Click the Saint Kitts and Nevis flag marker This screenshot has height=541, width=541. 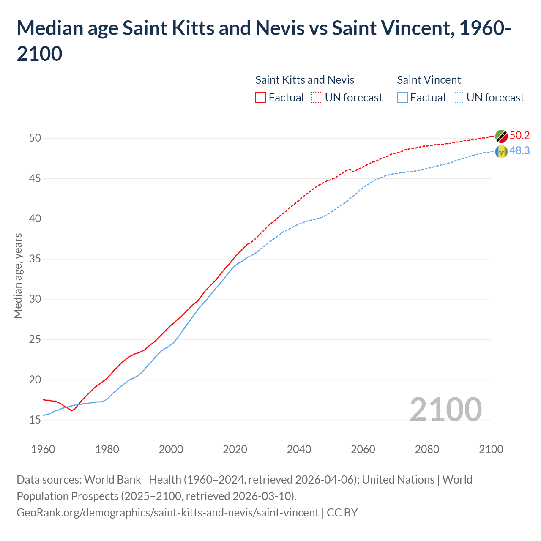[501, 136]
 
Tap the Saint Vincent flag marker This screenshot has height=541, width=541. [501, 151]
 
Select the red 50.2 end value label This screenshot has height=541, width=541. [519, 135]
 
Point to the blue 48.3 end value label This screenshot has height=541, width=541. [519, 151]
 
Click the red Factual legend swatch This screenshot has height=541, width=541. [261, 98]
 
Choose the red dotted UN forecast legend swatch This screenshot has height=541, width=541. [317, 98]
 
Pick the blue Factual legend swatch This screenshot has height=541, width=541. [403, 98]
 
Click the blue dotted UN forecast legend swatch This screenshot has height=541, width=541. [459, 98]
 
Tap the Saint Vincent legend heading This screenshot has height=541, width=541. [429, 80]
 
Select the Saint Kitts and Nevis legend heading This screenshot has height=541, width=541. [304, 80]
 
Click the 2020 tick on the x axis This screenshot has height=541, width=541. [235, 449]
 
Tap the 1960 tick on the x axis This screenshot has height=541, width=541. [43, 449]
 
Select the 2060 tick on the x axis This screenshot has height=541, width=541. [363, 449]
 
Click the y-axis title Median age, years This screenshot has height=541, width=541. [18, 276]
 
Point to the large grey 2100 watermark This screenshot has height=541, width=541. [445, 409]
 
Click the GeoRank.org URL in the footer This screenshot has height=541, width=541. [167, 513]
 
